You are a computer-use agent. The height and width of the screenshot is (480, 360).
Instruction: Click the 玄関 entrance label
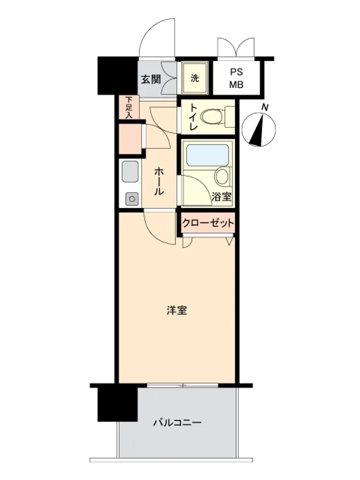tap(151, 79)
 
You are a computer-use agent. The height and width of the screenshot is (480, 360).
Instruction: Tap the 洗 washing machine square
tap(195, 78)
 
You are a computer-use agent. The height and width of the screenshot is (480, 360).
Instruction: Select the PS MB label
tap(236, 78)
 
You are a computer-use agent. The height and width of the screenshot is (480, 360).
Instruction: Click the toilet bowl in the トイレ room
tap(212, 117)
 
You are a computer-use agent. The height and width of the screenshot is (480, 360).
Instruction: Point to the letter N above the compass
tap(265, 108)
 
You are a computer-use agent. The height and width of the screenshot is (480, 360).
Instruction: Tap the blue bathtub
tap(208, 155)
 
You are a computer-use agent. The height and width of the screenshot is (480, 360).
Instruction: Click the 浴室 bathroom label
tap(221, 196)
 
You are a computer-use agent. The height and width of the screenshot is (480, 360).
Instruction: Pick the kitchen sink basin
tap(131, 171)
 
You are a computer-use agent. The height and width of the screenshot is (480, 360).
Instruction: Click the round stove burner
tap(132, 199)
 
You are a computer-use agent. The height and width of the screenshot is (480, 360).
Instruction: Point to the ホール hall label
tap(158, 181)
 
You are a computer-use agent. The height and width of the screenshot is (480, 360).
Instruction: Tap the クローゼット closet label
tap(208, 223)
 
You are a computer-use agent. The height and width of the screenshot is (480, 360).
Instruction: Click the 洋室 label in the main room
tap(177, 310)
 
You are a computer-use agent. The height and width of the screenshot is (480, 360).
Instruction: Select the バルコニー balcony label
tap(177, 423)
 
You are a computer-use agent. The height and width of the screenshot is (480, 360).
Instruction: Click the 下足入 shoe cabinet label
tap(129, 108)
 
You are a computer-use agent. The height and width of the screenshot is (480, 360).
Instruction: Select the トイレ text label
tap(193, 117)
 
